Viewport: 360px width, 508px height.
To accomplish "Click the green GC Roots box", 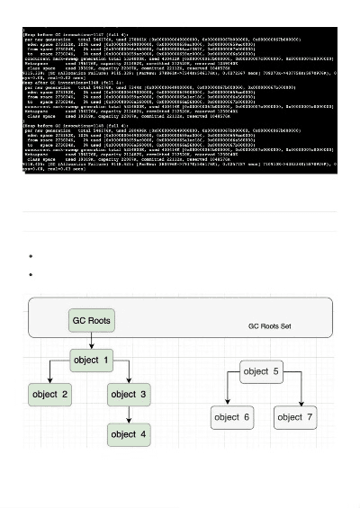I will coord(90,320).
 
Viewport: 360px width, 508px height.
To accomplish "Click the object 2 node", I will coord(50,395).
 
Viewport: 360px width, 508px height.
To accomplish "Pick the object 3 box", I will coord(130,395).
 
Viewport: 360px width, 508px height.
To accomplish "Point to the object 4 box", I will coord(130,434).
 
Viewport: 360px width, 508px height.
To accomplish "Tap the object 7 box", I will coord(296,416).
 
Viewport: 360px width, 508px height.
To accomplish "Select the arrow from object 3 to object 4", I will coord(130,414).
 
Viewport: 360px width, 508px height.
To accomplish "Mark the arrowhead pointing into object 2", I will coord(50,381).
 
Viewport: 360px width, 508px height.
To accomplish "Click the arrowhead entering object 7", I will coord(297,404).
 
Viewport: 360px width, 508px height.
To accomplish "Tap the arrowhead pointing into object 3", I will coord(130,381).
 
